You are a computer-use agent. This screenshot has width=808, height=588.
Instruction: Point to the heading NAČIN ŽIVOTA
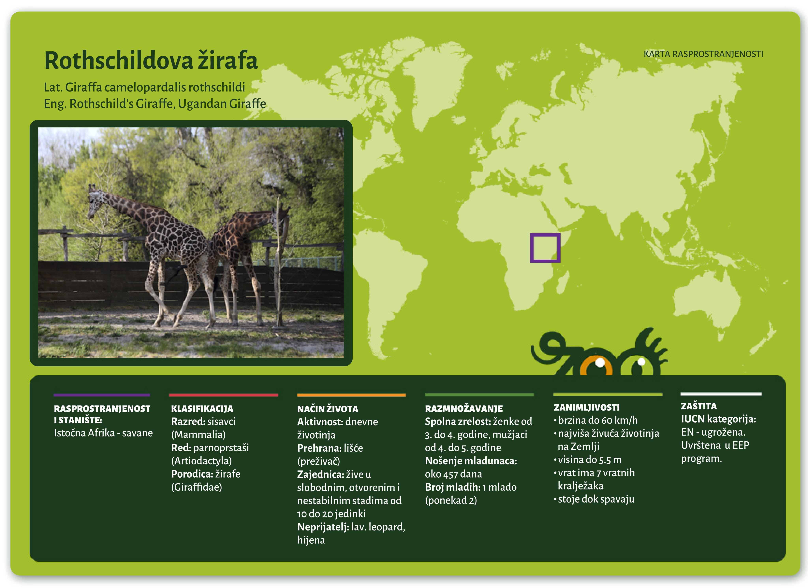coord(327,409)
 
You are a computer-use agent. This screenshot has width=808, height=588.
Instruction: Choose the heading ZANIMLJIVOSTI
coord(586,407)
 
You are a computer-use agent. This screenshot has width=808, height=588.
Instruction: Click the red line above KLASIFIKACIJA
coord(223,395)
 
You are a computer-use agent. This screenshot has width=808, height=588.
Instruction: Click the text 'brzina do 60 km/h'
coord(597,420)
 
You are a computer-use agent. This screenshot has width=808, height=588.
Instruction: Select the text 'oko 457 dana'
coord(453,474)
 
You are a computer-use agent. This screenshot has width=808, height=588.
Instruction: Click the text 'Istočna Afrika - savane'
coord(103,433)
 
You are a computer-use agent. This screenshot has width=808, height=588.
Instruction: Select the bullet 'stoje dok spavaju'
coord(596,499)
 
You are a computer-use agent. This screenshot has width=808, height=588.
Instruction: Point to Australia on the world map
coord(705,295)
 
